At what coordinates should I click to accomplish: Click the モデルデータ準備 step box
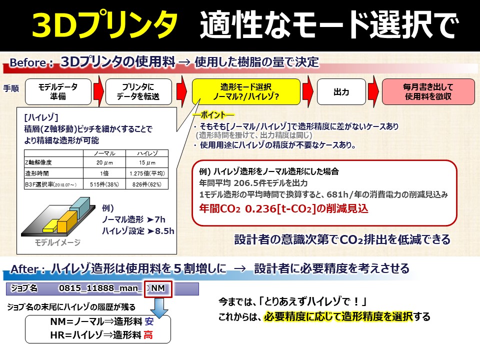click(58, 91)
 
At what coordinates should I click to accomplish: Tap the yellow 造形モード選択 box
click(246, 91)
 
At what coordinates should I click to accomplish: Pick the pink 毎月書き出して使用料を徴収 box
click(428, 91)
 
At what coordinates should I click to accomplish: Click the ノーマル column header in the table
click(106, 153)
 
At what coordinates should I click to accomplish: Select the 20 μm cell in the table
click(106, 162)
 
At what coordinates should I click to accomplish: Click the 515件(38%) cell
click(106, 184)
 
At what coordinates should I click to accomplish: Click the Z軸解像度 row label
click(39, 162)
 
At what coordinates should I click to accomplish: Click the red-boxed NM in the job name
click(158, 288)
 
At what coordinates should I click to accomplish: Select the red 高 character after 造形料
click(148, 335)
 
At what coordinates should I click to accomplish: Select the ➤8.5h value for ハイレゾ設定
click(159, 231)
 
